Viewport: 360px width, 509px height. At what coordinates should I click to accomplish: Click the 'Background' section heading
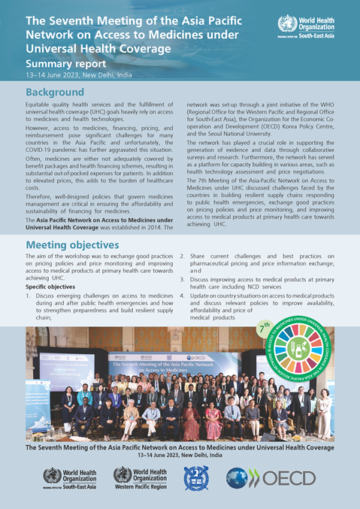coord(59,92)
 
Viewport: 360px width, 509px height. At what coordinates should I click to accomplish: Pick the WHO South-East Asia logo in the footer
coord(71,477)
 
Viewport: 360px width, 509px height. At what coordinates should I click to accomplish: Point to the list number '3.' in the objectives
coord(183,280)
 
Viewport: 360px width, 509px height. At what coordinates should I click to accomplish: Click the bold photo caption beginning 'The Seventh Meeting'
coord(180,447)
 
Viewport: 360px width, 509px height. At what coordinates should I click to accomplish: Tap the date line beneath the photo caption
coord(180,456)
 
